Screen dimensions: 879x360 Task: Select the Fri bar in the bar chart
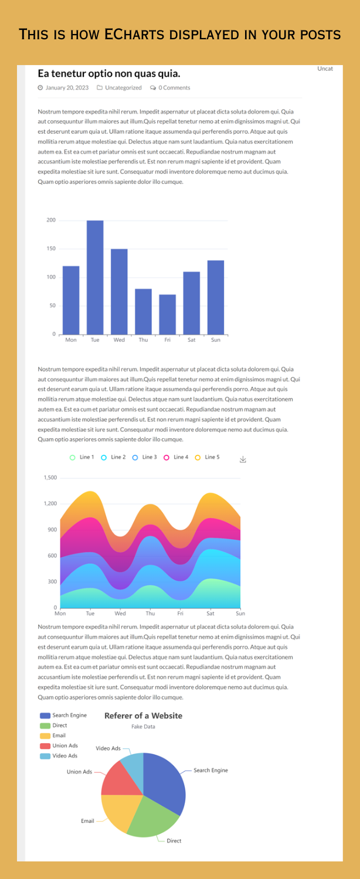point(167,314)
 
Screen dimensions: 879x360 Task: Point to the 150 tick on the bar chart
point(51,248)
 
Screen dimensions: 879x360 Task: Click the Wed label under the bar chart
point(119,340)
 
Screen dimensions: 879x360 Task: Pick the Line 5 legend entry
point(207,457)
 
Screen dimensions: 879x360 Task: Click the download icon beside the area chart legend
point(243,459)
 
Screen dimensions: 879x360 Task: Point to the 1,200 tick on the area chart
point(50,503)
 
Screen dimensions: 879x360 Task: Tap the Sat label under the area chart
point(210,614)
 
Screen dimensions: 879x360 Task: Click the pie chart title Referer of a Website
point(143,716)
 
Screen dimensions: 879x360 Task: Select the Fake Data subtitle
point(143,727)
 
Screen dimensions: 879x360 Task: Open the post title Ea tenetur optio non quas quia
point(109,73)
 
